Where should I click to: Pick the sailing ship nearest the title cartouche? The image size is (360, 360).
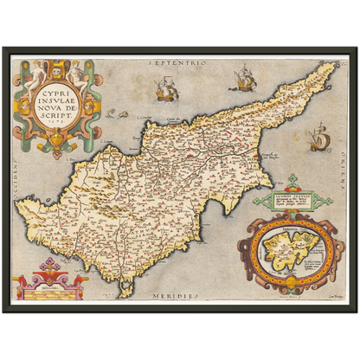(x=164, y=88)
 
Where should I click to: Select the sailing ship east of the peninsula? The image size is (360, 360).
(x=318, y=137)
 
